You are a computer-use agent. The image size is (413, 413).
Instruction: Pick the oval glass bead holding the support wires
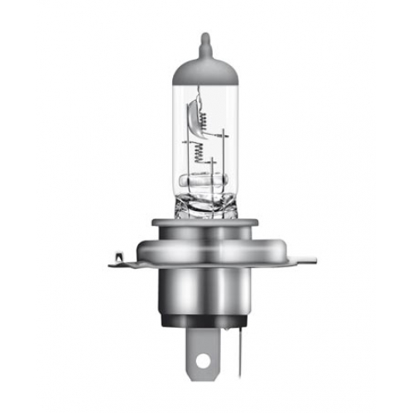coord(206,177)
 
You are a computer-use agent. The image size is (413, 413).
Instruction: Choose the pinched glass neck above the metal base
coord(205,199)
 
